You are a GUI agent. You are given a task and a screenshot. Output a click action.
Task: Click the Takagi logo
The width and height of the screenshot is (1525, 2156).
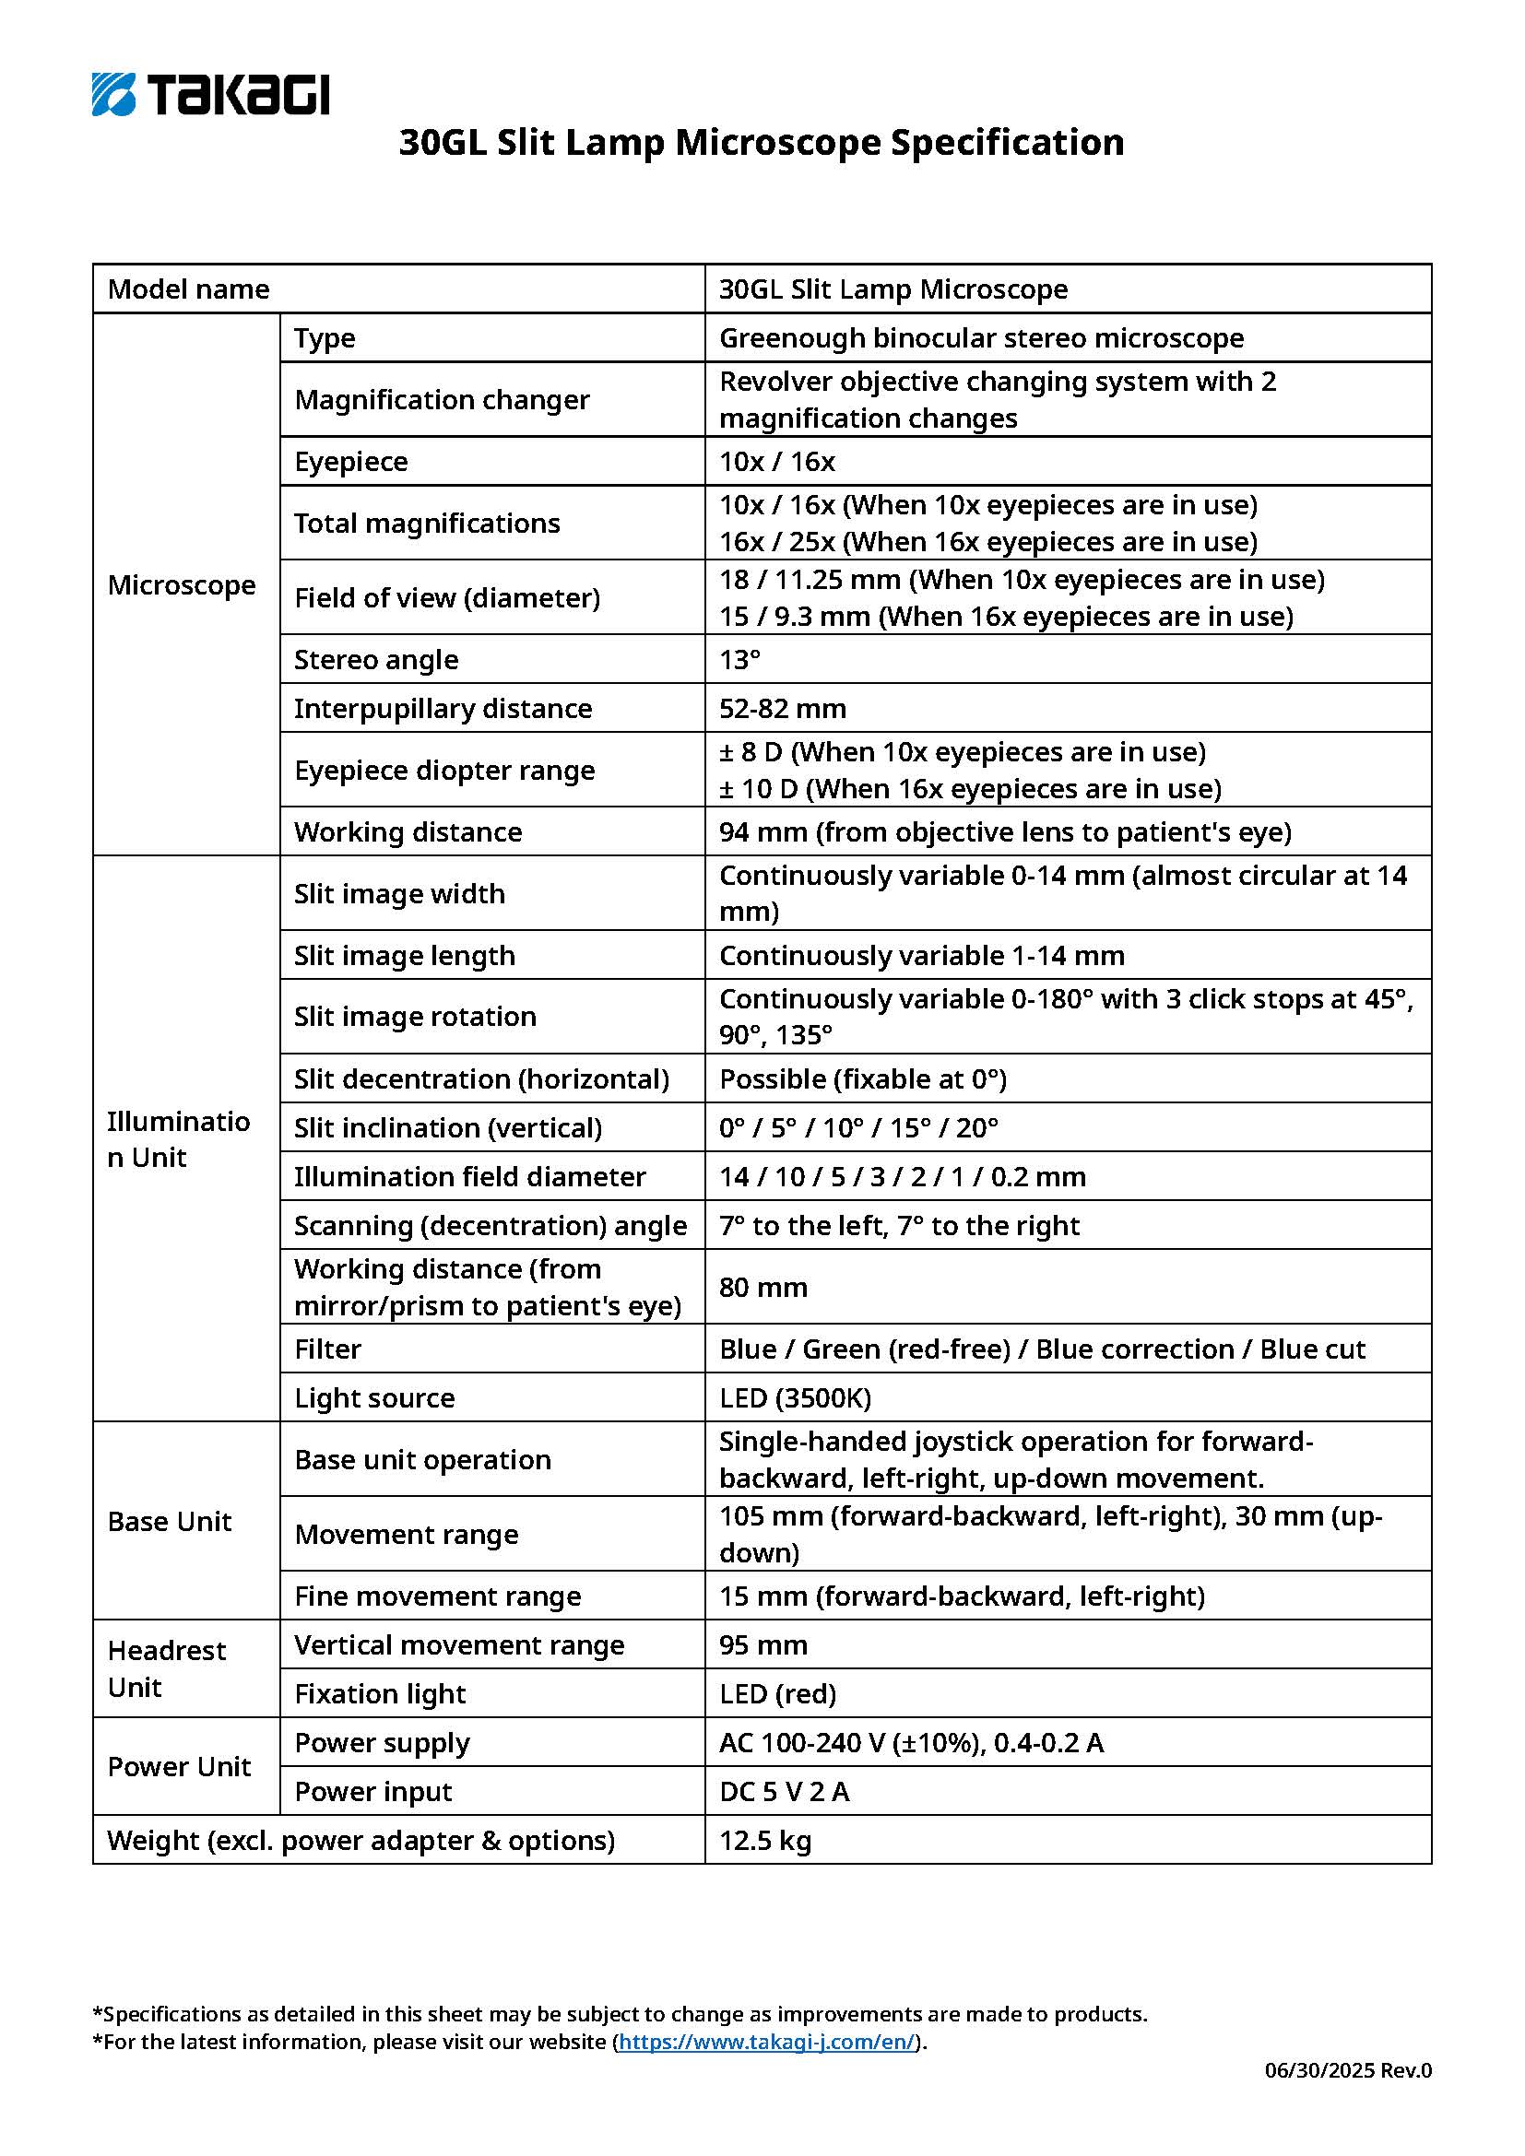click(x=210, y=94)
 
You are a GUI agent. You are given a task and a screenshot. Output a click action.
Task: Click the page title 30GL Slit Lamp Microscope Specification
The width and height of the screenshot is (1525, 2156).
click(x=761, y=143)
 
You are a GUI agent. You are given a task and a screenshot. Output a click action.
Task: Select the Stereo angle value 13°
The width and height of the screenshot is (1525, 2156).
click(x=740, y=659)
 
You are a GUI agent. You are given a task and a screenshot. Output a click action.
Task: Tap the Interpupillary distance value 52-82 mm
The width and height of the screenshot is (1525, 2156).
click(x=782, y=708)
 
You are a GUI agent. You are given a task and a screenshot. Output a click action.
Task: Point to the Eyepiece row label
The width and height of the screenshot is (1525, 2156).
click(x=350, y=461)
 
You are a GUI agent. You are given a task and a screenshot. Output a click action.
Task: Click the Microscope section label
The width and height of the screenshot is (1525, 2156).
click(x=182, y=585)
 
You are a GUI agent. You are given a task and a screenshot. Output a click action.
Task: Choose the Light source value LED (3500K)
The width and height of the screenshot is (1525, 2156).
click(x=795, y=1398)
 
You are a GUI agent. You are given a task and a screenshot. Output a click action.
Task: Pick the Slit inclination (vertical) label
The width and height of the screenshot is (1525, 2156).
click(x=447, y=1127)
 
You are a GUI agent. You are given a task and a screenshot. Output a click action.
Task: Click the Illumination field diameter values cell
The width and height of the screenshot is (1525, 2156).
click(x=902, y=1176)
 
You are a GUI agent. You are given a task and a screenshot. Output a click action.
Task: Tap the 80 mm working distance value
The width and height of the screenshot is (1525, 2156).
click(x=762, y=1287)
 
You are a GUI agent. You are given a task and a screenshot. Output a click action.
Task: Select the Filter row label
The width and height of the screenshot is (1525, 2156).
click(x=326, y=1349)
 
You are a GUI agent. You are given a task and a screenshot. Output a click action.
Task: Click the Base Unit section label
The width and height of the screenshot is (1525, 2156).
click(x=169, y=1521)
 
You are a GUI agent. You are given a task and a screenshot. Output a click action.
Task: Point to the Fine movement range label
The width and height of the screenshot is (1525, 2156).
click(x=437, y=1596)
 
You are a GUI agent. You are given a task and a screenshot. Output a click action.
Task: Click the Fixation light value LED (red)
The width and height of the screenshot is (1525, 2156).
click(x=777, y=1694)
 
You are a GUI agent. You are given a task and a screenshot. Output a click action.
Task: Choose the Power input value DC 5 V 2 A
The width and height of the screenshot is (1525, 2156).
click(x=784, y=1792)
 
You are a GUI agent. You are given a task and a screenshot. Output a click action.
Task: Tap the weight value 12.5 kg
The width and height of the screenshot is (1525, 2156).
click(x=764, y=1841)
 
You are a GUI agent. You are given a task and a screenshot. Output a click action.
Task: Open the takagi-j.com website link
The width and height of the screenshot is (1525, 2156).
click(x=766, y=2042)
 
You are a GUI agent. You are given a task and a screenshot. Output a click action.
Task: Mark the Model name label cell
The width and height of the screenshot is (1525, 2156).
click(x=188, y=289)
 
